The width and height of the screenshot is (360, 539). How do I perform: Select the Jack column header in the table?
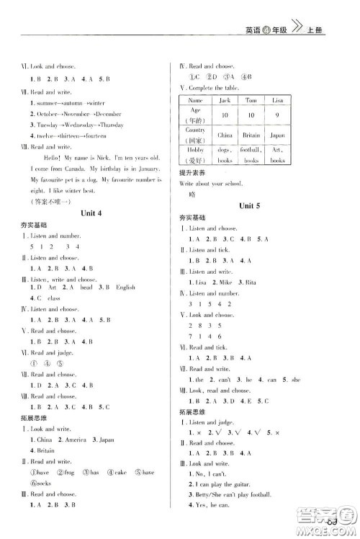click(243, 100)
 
